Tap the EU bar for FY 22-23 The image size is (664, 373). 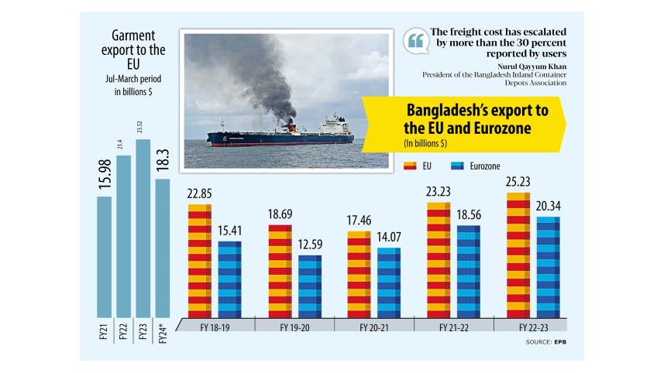(x=518, y=255)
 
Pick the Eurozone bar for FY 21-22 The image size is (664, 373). (x=468, y=271)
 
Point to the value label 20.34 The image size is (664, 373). (x=548, y=205)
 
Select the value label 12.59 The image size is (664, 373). (x=310, y=245)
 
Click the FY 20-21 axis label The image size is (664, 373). (x=374, y=327)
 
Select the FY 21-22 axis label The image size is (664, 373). (x=454, y=327)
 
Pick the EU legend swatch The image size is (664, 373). (x=411, y=166)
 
